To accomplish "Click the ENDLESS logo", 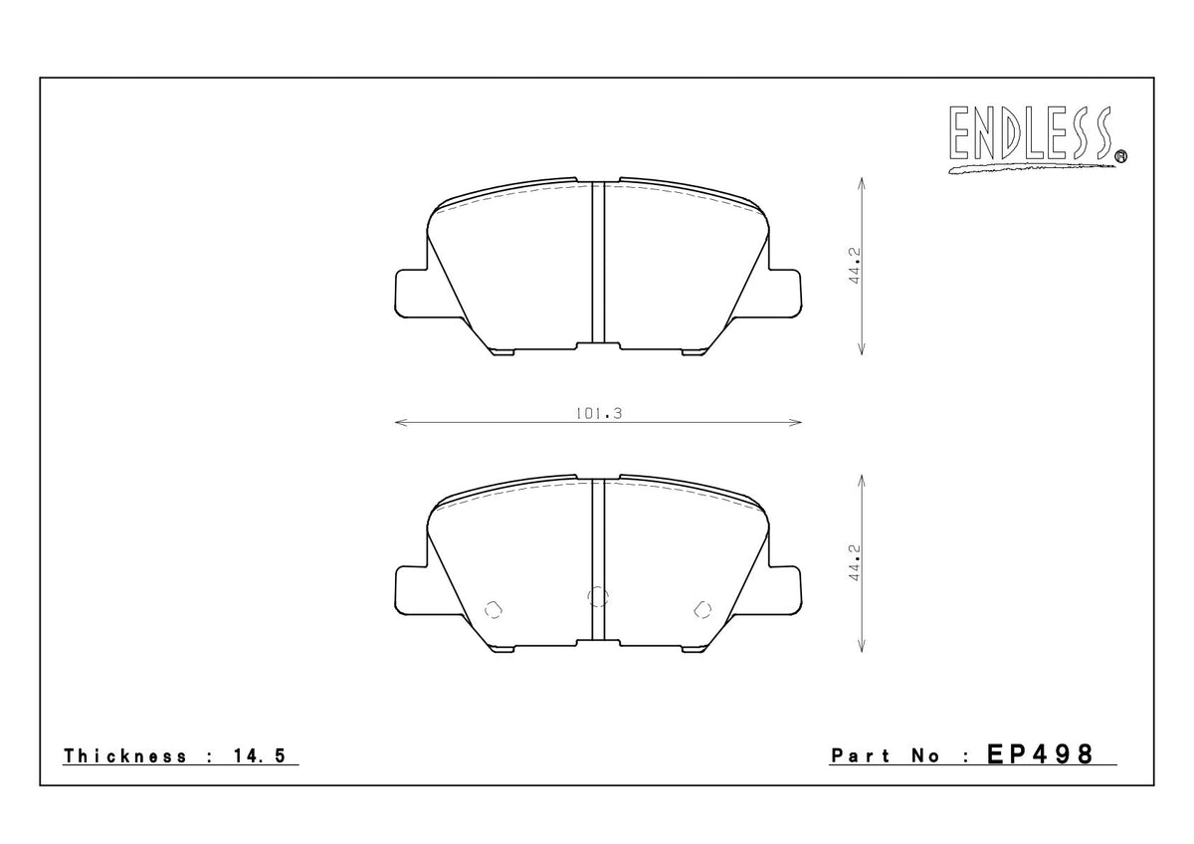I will [x=1029, y=137].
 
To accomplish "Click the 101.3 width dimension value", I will [x=598, y=413].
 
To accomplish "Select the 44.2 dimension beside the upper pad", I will [x=854, y=267].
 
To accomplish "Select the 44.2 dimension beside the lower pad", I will [x=854, y=563].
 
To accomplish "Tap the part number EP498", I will [x=1040, y=754].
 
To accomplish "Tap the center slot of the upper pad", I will [x=598, y=264].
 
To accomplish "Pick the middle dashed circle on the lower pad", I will [x=598, y=596].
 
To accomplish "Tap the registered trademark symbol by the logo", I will [x=1120, y=155].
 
